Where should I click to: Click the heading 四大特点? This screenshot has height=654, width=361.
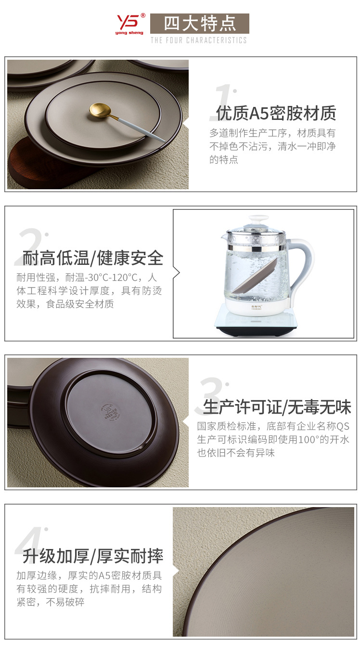pos(199,24)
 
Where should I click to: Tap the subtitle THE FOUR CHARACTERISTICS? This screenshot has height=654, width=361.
pos(198,40)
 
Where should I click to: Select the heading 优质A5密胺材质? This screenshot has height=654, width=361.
pos(276,113)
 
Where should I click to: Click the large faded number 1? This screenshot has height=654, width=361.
pos(222,102)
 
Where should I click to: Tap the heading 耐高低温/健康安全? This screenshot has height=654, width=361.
pos(93,258)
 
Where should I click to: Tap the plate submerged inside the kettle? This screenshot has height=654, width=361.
pos(253,279)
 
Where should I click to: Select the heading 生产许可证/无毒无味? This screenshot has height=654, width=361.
pos(277,407)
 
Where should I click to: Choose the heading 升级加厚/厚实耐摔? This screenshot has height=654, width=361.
pos(93,556)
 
